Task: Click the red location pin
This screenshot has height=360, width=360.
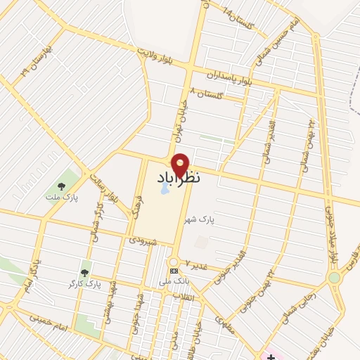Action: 180,165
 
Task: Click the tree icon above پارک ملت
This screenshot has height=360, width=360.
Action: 61,186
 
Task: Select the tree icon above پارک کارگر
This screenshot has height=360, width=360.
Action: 85,272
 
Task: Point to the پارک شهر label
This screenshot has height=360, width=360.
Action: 198,220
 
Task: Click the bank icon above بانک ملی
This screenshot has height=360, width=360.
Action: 173,271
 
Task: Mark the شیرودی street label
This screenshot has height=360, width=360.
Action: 143,240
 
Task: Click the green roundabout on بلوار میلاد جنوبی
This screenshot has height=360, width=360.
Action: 334,278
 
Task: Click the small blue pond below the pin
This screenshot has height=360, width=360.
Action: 165,188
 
